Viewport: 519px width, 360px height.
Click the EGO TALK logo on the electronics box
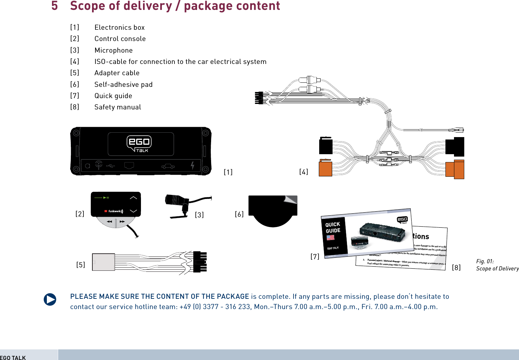coord(139,144)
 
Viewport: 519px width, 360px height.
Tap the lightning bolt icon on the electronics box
coord(193,165)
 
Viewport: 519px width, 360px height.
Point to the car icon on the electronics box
coord(168,166)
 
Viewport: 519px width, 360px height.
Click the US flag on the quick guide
coord(330,237)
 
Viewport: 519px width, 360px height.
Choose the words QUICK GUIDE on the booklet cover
coord(333,227)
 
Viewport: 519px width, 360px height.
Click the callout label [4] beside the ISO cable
coord(303,172)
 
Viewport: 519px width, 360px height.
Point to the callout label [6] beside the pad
coord(239,214)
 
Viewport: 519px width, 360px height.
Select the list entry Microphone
coord(114,50)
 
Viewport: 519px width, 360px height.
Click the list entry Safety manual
coord(118,107)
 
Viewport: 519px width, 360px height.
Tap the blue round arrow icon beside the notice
coord(50,299)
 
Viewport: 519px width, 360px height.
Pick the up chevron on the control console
coord(133,198)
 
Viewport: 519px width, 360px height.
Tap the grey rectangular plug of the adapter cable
coord(103,262)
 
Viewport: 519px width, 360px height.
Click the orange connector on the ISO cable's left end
coord(325,169)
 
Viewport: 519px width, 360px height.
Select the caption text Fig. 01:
coord(485,261)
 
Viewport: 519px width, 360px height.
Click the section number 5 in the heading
coord(54,6)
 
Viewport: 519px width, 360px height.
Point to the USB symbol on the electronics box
coord(110,166)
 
